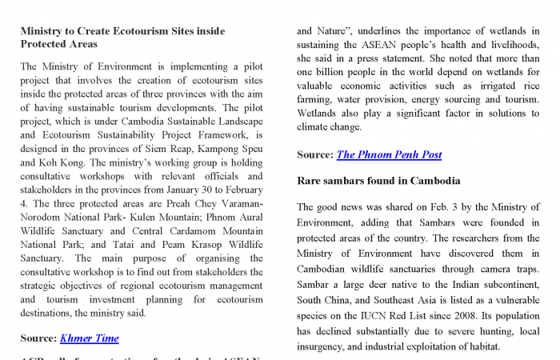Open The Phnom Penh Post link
point(389,154)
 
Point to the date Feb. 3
point(445,207)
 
